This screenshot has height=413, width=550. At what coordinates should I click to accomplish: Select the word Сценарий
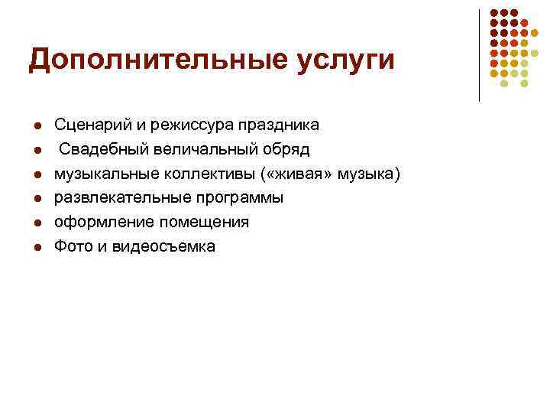click(x=86, y=124)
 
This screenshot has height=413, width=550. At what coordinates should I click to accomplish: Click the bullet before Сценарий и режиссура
click(x=36, y=125)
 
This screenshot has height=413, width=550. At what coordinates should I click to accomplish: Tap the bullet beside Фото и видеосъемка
click(x=36, y=247)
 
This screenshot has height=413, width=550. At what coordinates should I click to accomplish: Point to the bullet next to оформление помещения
click(x=36, y=223)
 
